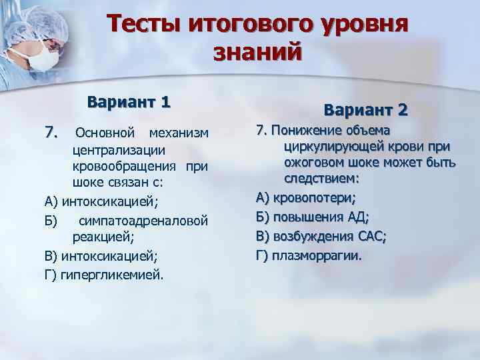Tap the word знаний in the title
[257, 53]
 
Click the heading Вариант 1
[129, 103]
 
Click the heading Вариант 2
[366, 109]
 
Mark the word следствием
[321, 179]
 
